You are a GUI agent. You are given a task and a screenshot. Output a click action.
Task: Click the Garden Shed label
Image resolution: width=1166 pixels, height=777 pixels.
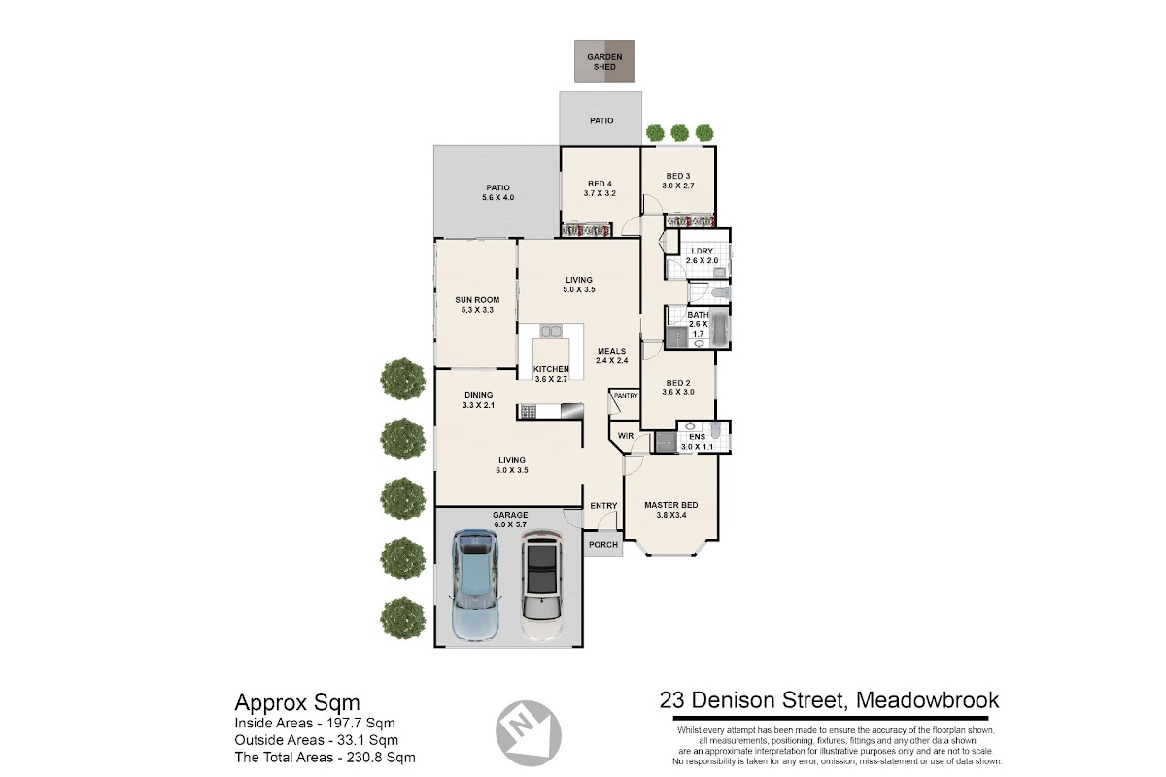(x=604, y=62)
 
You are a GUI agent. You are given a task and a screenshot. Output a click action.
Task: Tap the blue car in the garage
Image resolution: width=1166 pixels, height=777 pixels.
(x=475, y=585)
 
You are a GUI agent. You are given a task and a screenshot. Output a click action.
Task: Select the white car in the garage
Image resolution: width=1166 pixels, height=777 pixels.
(x=542, y=585)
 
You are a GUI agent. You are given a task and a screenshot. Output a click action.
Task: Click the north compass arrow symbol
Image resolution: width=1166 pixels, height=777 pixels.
(x=528, y=732)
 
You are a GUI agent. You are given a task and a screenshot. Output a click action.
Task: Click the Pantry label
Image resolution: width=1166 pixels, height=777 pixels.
(x=626, y=396)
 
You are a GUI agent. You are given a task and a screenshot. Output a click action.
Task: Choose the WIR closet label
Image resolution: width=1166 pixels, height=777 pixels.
(x=625, y=435)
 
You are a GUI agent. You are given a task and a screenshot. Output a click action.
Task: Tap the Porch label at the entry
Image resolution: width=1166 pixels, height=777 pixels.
(x=603, y=544)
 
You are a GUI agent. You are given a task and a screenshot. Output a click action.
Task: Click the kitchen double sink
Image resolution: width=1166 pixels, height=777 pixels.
(x=550, y=331)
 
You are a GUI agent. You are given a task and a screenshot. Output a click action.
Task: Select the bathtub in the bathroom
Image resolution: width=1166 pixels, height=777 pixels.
(x=719, y=327)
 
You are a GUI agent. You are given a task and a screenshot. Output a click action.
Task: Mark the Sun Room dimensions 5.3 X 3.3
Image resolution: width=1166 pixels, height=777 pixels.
(x=477, y=310)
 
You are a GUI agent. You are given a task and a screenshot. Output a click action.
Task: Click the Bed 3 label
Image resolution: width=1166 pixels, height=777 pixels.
(x=678, y=176)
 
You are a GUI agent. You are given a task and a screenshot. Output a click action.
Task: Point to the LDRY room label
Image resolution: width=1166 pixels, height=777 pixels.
(x=702, y=251)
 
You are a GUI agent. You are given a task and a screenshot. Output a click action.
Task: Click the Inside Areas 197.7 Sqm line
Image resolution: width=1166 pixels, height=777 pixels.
(x=315, y=723)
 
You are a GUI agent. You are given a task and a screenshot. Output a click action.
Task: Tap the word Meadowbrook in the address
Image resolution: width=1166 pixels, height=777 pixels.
(x=928, y=700)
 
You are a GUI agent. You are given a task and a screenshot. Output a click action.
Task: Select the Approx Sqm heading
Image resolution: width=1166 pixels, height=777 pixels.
(x=297, y=703)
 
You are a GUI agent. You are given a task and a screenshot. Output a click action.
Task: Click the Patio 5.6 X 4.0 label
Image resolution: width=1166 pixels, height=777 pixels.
(x=498, y=192)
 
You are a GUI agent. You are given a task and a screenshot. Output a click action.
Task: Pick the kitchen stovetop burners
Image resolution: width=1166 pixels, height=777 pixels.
(x=528, y=412)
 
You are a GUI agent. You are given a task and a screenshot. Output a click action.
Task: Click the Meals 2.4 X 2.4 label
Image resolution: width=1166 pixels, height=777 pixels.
(x=611, y=355)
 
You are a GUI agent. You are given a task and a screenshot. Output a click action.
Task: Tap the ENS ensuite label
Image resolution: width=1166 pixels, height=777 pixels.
(x=697, y=437)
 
